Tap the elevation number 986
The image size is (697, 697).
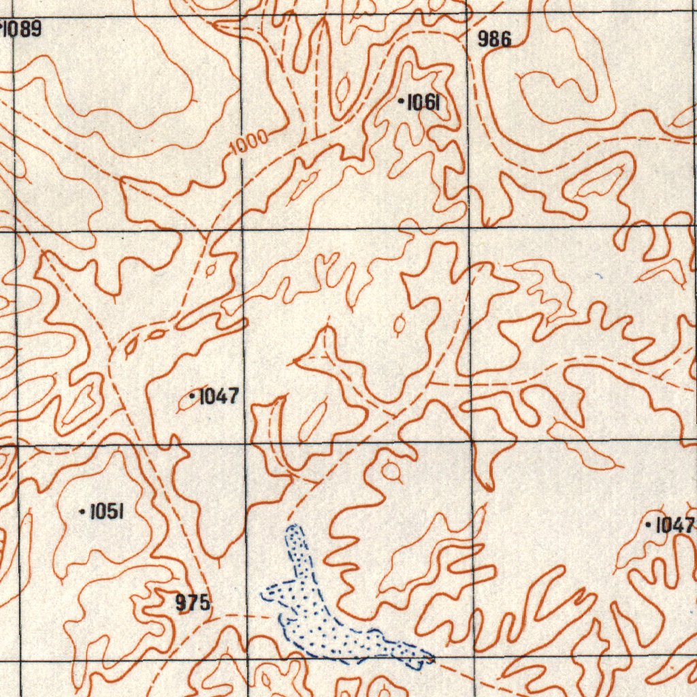click(494, 39)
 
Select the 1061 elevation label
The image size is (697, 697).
click(423, 103)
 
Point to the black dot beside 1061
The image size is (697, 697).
click(401, 102)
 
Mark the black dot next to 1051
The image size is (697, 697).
click(82, 511)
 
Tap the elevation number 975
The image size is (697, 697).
click(193, 602)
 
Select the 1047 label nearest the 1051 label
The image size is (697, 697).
click(218, 395)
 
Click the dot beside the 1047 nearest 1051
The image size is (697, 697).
click(193, 395)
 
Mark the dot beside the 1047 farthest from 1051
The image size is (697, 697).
click(649, 524)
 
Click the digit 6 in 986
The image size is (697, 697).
click(505, 39)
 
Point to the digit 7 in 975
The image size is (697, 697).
click(193, 602)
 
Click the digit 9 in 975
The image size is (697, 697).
click(182, 602)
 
